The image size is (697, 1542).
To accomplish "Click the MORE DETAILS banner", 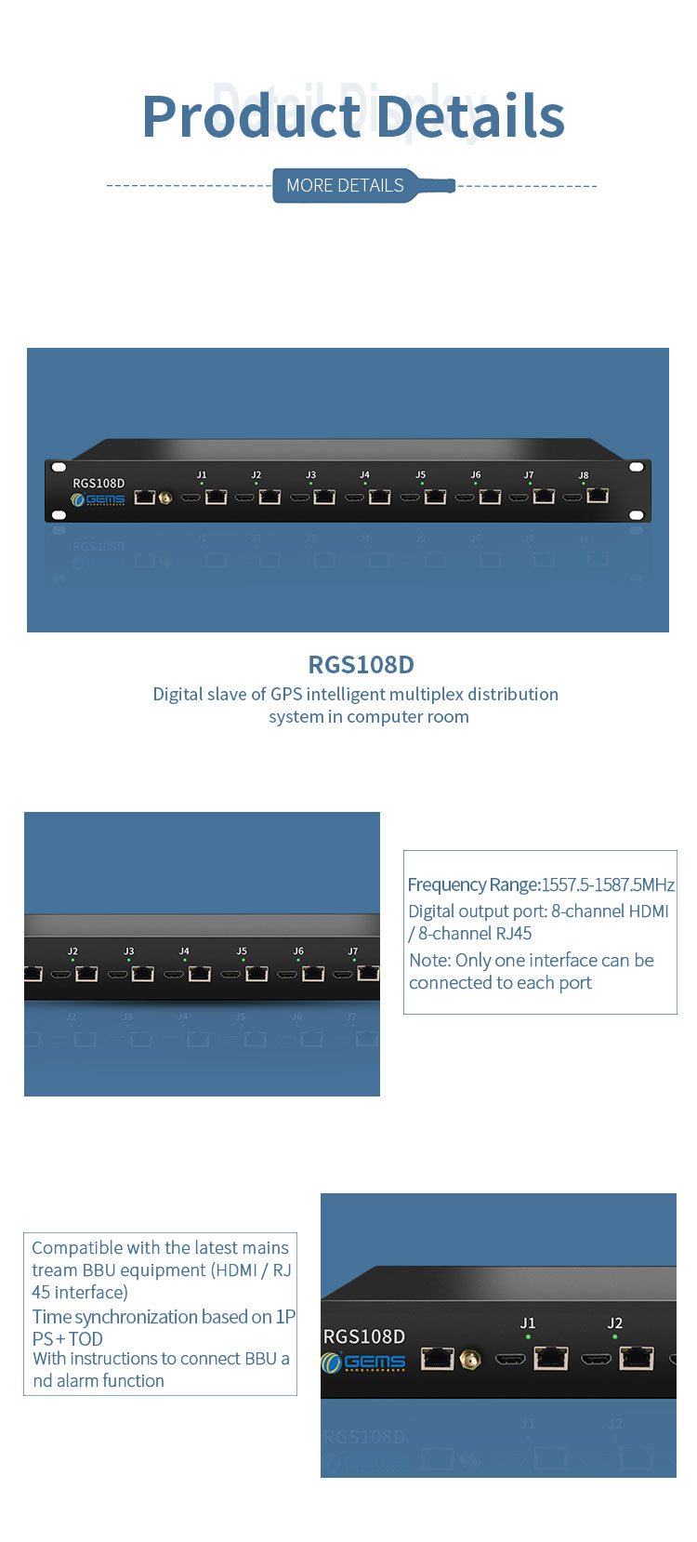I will coord(345,185).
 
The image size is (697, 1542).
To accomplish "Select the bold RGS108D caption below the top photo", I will coord(361,665).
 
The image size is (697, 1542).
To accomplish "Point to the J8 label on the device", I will coord(584,475).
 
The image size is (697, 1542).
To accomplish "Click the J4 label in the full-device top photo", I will coord(364,475).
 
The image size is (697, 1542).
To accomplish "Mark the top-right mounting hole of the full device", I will coord(637,467).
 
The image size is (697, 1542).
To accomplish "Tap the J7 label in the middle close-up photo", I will coord(352,951).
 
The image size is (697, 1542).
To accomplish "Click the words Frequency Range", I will coord(473,884).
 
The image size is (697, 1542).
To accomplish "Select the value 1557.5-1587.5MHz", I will coord(608,884).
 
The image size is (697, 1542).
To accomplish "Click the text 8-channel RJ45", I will coord(475,934).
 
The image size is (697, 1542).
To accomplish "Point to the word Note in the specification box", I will coord(428,961).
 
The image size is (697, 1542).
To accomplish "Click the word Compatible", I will coord(77,1248).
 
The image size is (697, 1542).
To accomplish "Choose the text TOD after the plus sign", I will coord(85,1339).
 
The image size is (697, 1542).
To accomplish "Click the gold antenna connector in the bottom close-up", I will coord(472,1360).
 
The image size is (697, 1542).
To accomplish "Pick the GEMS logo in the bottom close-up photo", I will coord(363,1363).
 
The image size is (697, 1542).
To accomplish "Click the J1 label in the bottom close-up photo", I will coord(528,1323).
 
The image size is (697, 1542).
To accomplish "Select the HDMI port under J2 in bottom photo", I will coord(596,1360).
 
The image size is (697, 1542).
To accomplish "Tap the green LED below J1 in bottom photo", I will coord(528,1336).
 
